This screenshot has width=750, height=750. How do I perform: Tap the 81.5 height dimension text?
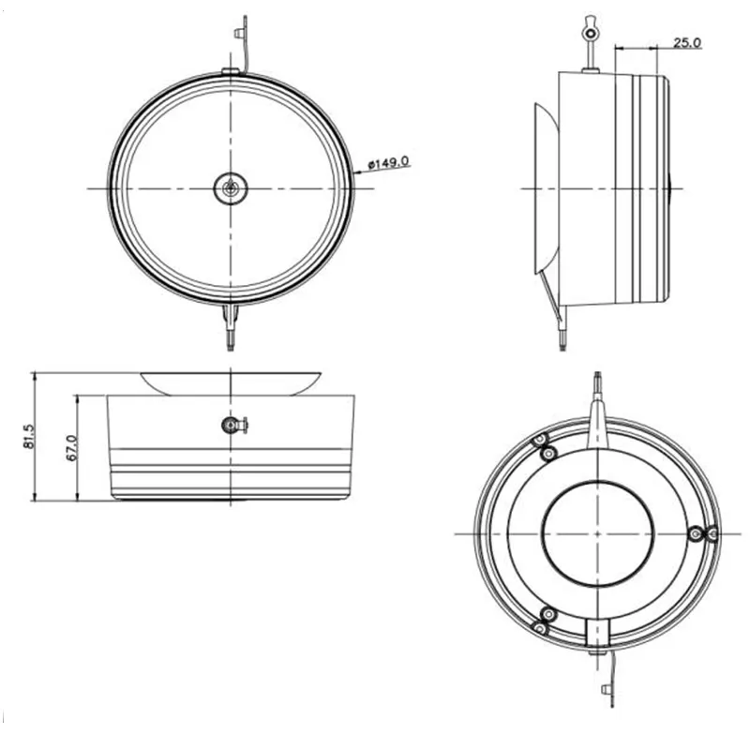point(27,436)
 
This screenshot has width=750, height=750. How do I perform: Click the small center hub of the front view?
point(230,188)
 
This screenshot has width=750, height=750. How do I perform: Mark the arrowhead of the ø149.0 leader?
point(357,172)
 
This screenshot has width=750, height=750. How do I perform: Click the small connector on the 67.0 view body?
point(232,426)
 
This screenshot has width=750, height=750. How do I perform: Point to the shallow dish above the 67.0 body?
point(231,382)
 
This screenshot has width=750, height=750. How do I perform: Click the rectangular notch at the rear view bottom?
point(597,632)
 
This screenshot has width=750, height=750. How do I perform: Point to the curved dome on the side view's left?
point(545,187)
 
